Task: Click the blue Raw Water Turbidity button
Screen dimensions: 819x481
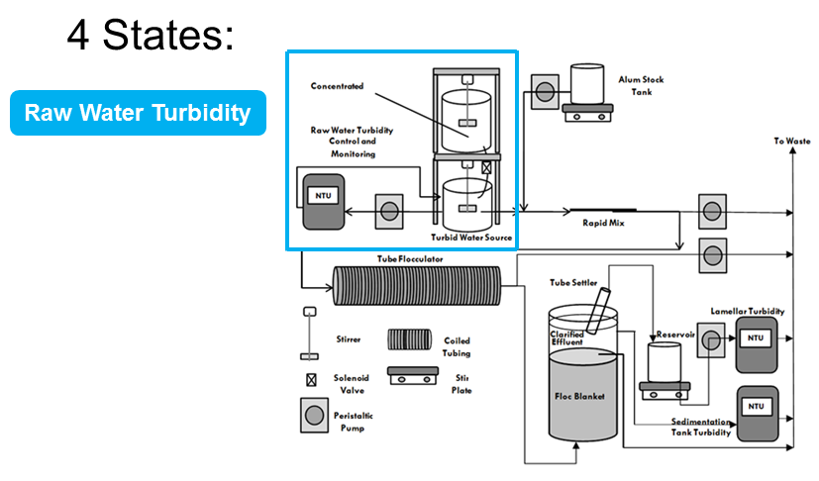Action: coord(138,113)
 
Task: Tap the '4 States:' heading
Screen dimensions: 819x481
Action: coord(151,35)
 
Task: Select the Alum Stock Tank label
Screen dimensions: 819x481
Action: coord(641,86)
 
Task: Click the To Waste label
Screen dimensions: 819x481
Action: coord(792,141)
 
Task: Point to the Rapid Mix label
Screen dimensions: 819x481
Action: coord(603,223)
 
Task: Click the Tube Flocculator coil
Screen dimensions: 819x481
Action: coord(417,286)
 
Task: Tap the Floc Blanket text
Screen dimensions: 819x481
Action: coord(579,397)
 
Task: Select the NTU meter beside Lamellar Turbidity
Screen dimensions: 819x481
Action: coord(757,344)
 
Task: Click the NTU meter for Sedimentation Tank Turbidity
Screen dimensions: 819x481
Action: coord(757,414)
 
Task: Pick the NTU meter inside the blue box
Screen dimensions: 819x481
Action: coord(324,202)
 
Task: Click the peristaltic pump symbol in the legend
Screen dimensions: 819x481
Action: coord(315,416)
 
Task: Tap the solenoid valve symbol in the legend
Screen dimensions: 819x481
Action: coord(311,380)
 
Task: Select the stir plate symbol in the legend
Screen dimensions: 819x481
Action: coord(413,375)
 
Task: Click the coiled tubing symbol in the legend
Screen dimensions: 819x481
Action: coord(410,339)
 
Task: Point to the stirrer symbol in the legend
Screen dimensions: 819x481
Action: coord(310,334)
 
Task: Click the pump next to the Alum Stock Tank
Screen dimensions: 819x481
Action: coord(545,92)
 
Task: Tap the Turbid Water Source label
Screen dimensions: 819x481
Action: coord(471,238)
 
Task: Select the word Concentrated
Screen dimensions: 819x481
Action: coord(337,86)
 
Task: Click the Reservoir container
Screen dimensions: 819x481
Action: coord(665,362)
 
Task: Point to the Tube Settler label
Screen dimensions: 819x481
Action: coord(573,282)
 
